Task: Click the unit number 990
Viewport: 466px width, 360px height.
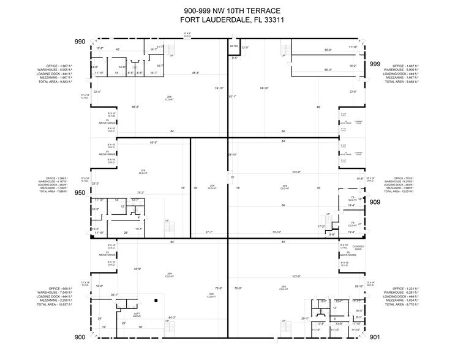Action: tap(80, 42)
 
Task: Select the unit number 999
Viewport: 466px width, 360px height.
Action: tap(375, 64)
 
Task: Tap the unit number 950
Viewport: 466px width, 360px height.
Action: tap(80, 192)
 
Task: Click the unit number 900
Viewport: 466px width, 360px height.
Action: tap(80, 337)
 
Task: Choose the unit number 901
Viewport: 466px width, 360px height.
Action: tap(375, 337)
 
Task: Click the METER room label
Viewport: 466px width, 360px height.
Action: tap(234, 47)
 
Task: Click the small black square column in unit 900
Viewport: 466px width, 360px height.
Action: tap(157, 300)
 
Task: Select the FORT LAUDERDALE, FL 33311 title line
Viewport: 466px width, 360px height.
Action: tap(232, 20)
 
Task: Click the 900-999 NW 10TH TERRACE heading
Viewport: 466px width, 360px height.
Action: tap(232, 10)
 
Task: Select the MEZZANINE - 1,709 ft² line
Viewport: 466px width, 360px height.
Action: tap(56, 187)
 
